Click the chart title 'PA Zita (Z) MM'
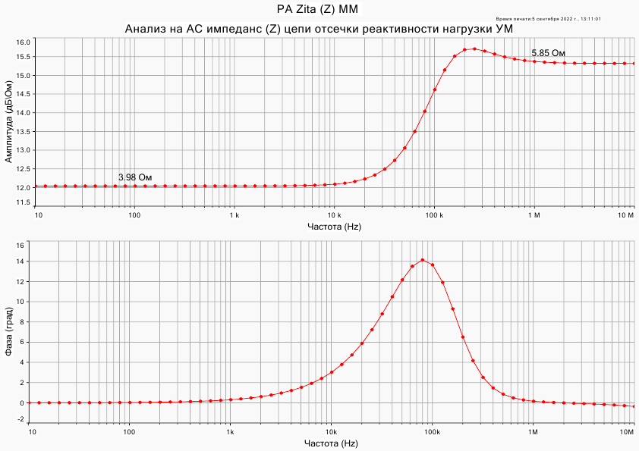[x=317, y=9]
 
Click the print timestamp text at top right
[x=548, y=18]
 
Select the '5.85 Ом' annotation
[x=548, y=53]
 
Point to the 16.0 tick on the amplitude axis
[x=23, y=42]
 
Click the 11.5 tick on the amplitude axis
[x=23, y=203]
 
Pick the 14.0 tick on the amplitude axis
[x=23, y=113]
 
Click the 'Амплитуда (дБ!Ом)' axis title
[x=8, y=123]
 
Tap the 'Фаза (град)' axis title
[x=8, y=331]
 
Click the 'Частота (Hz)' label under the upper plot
[x=334, y=227]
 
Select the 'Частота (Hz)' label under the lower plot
[x=331, y=443]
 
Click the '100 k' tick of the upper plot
[x=433, y=215]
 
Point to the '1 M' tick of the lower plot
[x=533, y=431]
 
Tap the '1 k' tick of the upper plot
[x=234, y=215]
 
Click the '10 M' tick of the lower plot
[x=627, y=431]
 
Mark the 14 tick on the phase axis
[x=21, y=262]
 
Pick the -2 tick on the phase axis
[x=21, y=419]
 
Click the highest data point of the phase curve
[x=423, y=260]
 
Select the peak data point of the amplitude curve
[x=474, y=49]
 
